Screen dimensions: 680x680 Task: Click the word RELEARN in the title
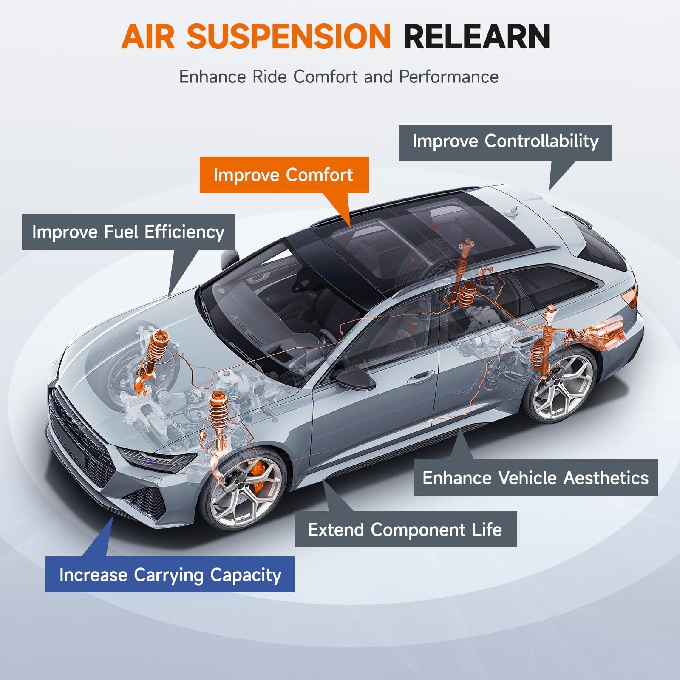point(477,37)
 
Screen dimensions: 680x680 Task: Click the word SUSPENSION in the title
point(289,37)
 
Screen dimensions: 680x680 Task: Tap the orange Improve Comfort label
point(284,175)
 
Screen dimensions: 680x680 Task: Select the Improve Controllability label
point(505,143)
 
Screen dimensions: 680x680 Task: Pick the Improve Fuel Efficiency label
point(128,232)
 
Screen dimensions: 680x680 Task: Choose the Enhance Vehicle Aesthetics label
point(536,477)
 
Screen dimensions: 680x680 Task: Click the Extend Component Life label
point(405,529)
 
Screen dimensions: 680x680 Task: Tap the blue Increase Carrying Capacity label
point(170,574)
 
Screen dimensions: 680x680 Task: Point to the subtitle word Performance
point(449,77)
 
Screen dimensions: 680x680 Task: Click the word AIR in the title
point(148,37)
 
